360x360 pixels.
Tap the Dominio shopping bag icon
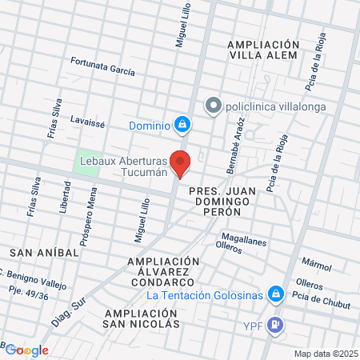click(183, 125)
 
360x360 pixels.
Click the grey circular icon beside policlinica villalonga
click(212, 106)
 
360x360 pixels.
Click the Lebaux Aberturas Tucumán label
click(122, 166)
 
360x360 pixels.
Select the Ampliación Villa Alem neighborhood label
click(262, 50)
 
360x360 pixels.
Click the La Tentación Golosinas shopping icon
click(275, 295)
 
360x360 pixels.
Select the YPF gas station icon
click(275, 325)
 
